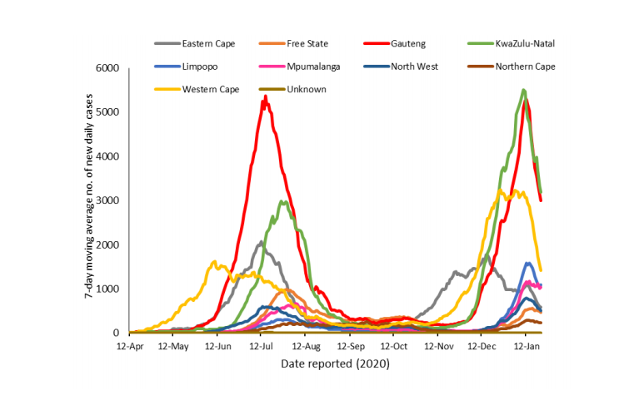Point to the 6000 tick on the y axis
pos(108,68)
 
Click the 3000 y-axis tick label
pos(108,200)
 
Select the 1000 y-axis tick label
pos(108,289)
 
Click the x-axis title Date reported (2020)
pos(335,364)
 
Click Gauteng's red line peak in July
pos(265,97)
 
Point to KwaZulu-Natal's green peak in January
pos(523,91)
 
